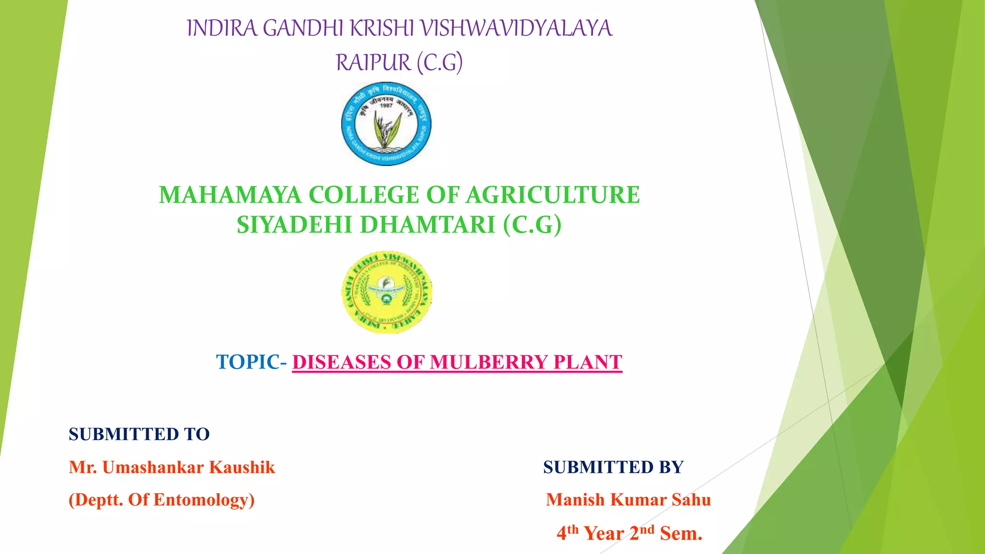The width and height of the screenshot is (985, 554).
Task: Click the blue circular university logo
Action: [x=386, y=124]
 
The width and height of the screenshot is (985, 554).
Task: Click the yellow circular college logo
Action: [x=386, y=292]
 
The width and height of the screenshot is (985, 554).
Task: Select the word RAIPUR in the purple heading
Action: [x=373, y=63]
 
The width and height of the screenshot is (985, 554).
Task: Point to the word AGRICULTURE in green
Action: [x=553, y=195]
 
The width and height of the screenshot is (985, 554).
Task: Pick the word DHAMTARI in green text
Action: [x=428, y=225]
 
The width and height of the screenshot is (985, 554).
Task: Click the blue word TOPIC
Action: [x=248, y=362]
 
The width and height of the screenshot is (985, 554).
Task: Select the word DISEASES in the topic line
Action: [x=341, y=362]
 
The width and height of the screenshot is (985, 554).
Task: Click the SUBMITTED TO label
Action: [x=139, y=434]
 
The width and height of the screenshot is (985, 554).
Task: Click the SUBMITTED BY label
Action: [x=613, y=467]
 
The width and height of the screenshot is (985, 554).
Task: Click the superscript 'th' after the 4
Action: [x=572, y=529]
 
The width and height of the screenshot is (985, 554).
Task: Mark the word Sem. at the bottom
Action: [x=681, y=533]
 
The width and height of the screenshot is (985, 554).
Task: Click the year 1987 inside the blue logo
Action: [x=386, y=105]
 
